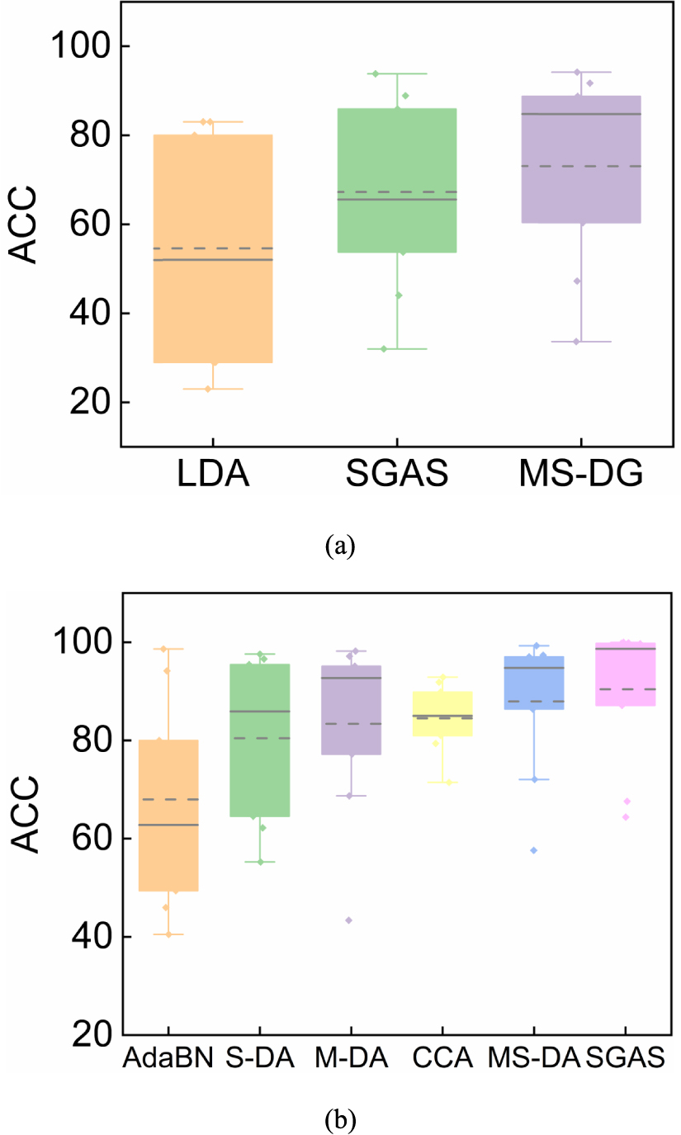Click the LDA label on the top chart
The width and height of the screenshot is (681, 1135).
point(213,477)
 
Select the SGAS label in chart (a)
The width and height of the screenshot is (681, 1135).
point(396,477)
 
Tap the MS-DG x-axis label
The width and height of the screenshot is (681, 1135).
point(580,477)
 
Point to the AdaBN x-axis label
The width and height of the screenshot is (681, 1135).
point(168,1058)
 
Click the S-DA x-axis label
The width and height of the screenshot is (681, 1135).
point(259,1058)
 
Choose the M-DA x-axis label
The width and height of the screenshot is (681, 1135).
point(351,1058)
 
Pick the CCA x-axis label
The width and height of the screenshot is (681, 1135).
point(442,1058)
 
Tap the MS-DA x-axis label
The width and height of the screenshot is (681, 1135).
point(533,1058)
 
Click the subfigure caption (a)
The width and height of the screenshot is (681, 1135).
point(340,546)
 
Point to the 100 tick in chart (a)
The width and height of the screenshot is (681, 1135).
point(81,46)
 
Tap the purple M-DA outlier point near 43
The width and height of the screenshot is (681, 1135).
point(349,920)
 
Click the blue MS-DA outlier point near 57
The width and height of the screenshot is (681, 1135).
point(533,850)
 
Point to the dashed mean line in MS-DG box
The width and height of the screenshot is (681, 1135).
point(580,166)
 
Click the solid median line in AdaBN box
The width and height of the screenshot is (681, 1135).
point(168,825)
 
